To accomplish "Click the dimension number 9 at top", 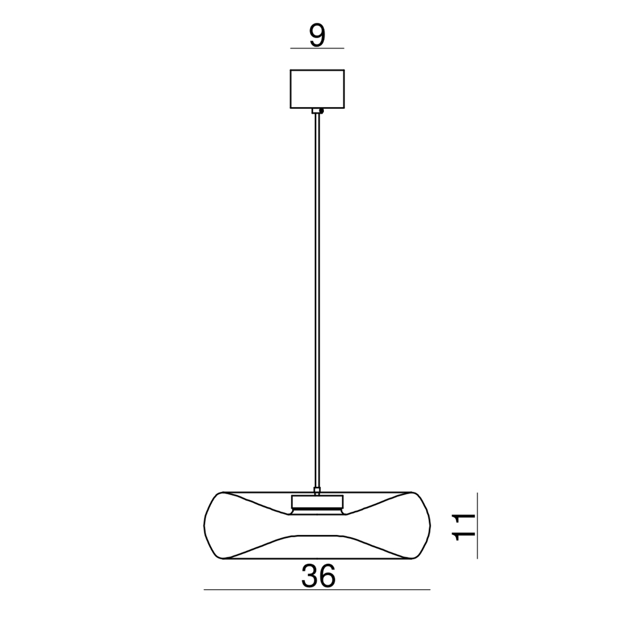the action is pyautogui.click(x=317, y=36).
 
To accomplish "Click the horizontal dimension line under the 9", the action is pyautogui.click(x=317, y=48).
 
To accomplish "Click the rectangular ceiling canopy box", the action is pyautogui.click(x=317, y=89).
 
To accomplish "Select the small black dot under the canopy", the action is pyautogui.click(x=321, y=111).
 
